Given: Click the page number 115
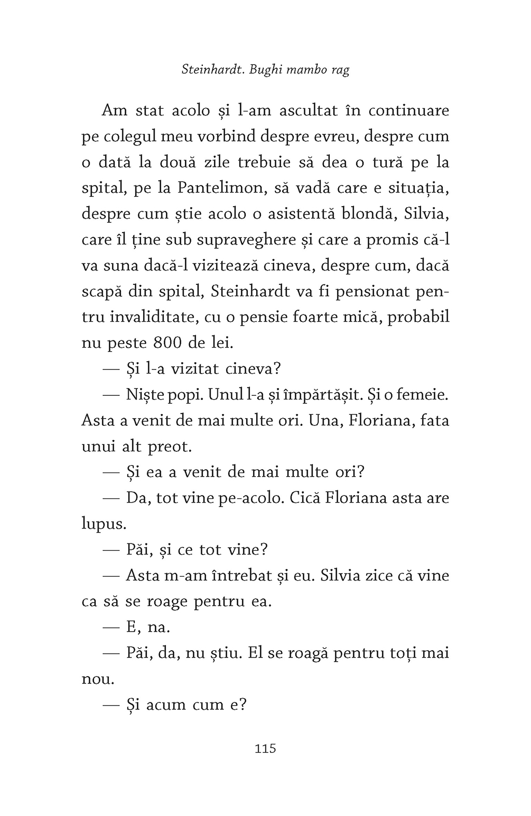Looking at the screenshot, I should tap(265, 749).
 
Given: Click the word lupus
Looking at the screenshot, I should tap(104, 524).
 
